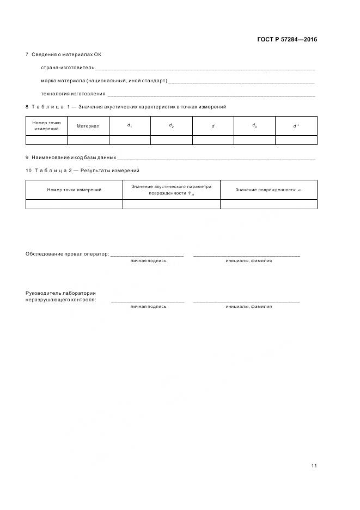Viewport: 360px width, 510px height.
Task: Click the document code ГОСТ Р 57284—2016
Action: click(x=286, y=40)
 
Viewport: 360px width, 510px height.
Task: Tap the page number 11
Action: click(x=314, y=465)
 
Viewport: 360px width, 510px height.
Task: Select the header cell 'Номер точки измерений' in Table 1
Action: click(x=46, y=126)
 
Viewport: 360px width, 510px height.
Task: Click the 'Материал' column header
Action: click(x=88, y=126)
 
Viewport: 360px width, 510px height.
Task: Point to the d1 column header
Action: click(x=130, y=126)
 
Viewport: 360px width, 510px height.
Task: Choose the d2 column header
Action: click(x=172, y=126)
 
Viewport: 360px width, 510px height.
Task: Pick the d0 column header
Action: click(x=254, y=126)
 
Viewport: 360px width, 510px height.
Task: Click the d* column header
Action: click(x=296, y=126)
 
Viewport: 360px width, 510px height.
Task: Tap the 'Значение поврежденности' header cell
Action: click(x=269, y=190)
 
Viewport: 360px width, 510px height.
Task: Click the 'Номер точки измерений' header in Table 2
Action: click(x=74, y=190)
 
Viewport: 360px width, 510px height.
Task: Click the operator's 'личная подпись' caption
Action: click(x=148, y=260)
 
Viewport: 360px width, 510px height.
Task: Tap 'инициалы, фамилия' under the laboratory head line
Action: click(x=248, y=306)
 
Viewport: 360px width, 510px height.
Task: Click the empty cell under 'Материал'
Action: click(x=88, y=140)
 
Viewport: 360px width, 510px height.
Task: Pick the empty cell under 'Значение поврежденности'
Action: click(x=269, y=204)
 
